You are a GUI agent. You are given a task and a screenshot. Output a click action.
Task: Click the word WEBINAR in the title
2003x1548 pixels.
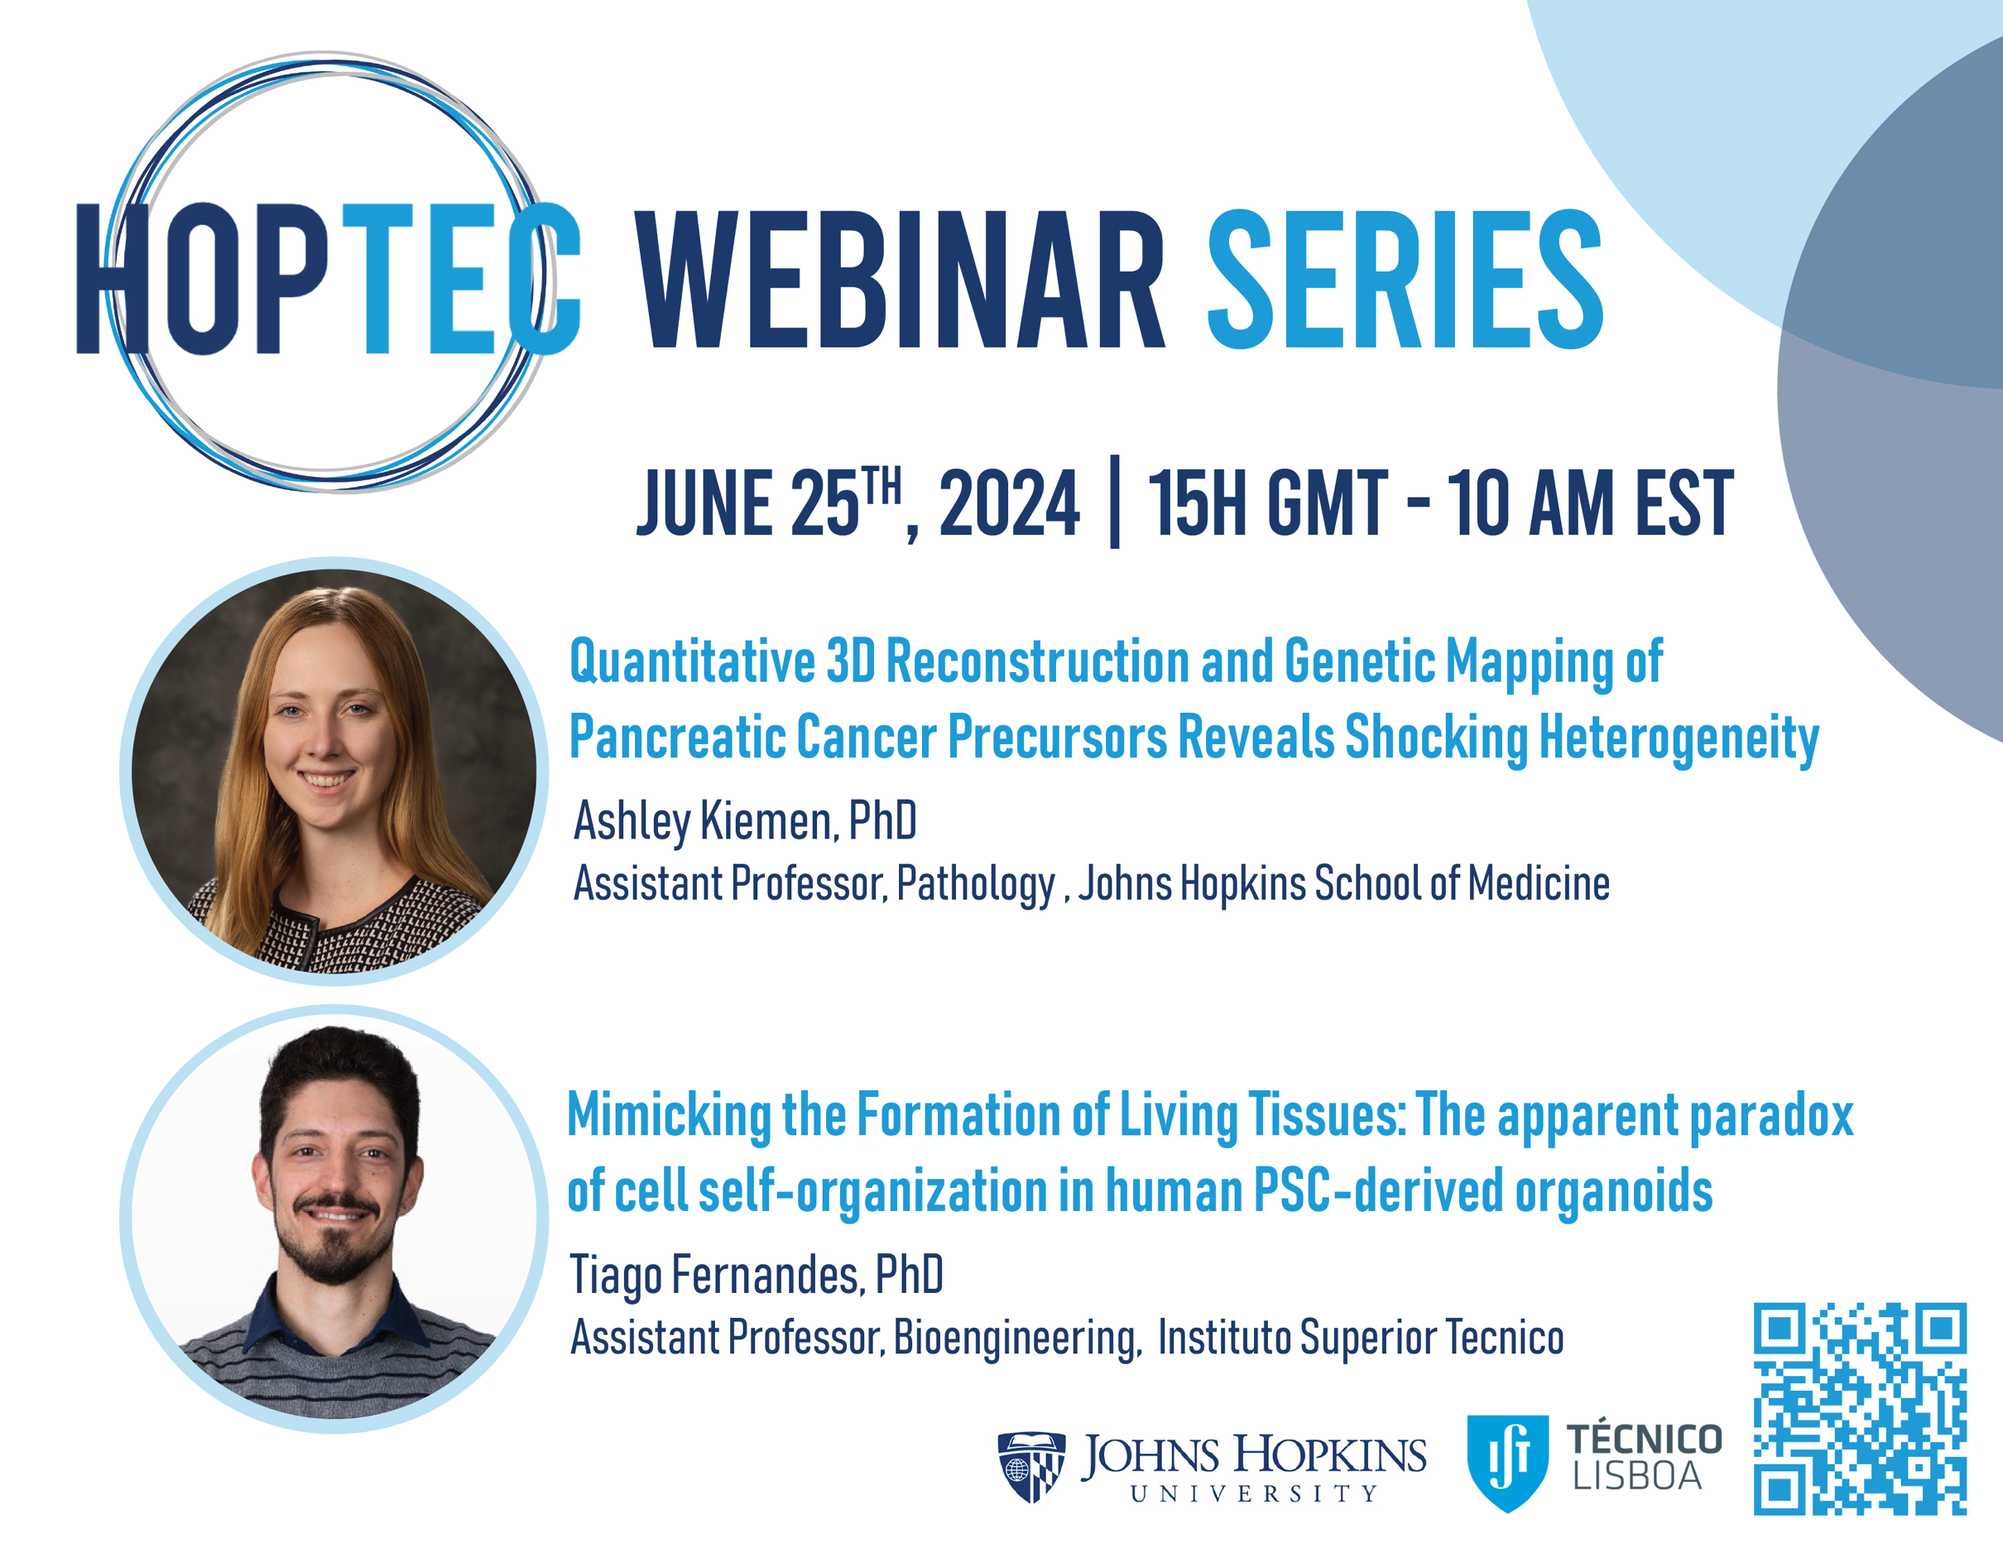900,279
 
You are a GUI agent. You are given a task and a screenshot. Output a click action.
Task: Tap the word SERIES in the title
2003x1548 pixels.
1405,279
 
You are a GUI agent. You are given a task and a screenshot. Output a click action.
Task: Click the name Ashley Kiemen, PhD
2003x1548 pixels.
745,820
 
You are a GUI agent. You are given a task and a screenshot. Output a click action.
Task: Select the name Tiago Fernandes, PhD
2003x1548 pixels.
757,1275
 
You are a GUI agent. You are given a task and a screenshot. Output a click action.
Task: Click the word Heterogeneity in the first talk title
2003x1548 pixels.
1679,738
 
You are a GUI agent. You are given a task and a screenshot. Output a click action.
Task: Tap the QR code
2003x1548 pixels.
1860,1409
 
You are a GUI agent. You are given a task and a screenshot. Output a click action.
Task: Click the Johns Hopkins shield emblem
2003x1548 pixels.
1032,1466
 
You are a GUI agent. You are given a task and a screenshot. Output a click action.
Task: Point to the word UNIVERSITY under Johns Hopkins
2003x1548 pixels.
1254,1494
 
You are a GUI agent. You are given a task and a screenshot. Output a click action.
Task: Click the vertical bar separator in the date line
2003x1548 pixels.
1114,502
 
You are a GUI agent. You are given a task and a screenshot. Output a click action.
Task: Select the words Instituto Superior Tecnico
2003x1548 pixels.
1361,1337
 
